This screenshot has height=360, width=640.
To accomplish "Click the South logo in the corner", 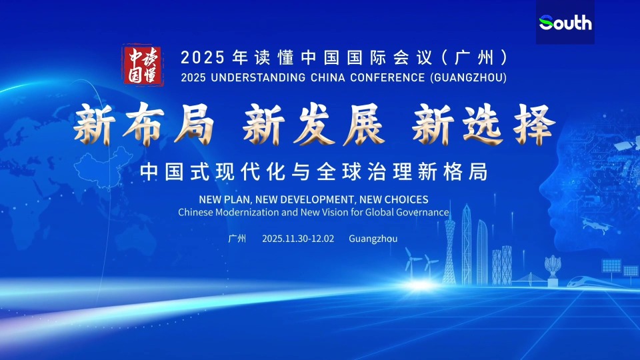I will coord(565,23).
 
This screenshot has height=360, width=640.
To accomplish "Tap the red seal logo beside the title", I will coord(143,65).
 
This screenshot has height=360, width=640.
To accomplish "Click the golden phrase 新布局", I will coord(143,125).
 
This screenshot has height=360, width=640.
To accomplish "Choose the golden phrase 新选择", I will coord(483,125).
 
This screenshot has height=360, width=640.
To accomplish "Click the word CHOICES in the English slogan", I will coord(405,199).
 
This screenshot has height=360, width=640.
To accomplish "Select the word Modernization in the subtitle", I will coord(249,212).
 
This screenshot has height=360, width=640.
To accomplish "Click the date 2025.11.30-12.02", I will coord(298,238).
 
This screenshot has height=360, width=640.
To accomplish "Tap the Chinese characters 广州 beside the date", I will coord(237,238).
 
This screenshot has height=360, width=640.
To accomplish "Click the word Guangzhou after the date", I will coord(373,238).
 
